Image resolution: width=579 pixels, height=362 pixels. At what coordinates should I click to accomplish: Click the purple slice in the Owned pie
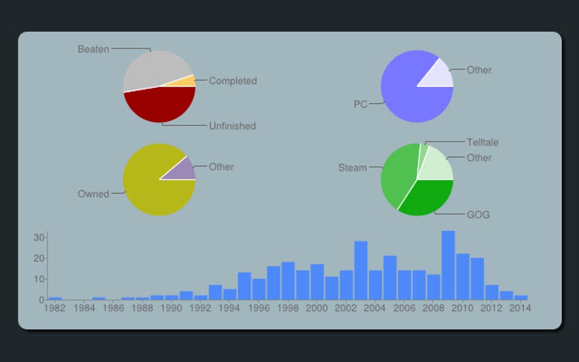[183, 170]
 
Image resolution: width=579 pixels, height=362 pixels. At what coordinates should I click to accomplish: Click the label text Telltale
[482, 142]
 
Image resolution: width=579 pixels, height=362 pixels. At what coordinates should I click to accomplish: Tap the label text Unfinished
[232, 126]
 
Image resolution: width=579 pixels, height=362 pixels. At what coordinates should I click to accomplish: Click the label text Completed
[233, 81]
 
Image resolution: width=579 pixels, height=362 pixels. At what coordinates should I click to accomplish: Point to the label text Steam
[353, 167]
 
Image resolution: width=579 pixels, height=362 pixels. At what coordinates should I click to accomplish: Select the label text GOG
[478, 215]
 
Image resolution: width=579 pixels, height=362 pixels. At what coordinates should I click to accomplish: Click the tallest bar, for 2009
[448, 265]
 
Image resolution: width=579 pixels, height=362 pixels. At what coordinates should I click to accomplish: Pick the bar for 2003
[360, 270]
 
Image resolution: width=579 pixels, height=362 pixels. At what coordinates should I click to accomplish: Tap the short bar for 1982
[55, 298]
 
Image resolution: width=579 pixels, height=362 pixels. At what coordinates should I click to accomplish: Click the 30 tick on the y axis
[39, 237]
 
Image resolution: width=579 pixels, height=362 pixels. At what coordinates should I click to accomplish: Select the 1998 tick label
[287, 308]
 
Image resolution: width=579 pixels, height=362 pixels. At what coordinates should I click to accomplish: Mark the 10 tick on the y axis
[39, 279]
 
